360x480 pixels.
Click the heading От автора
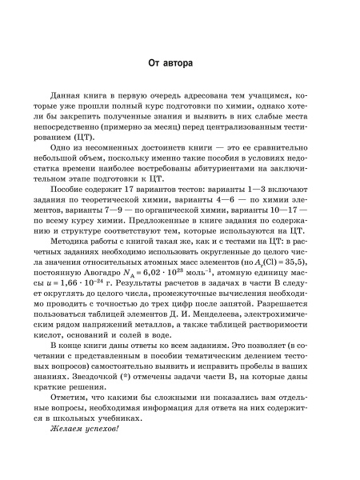pos(180,62)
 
